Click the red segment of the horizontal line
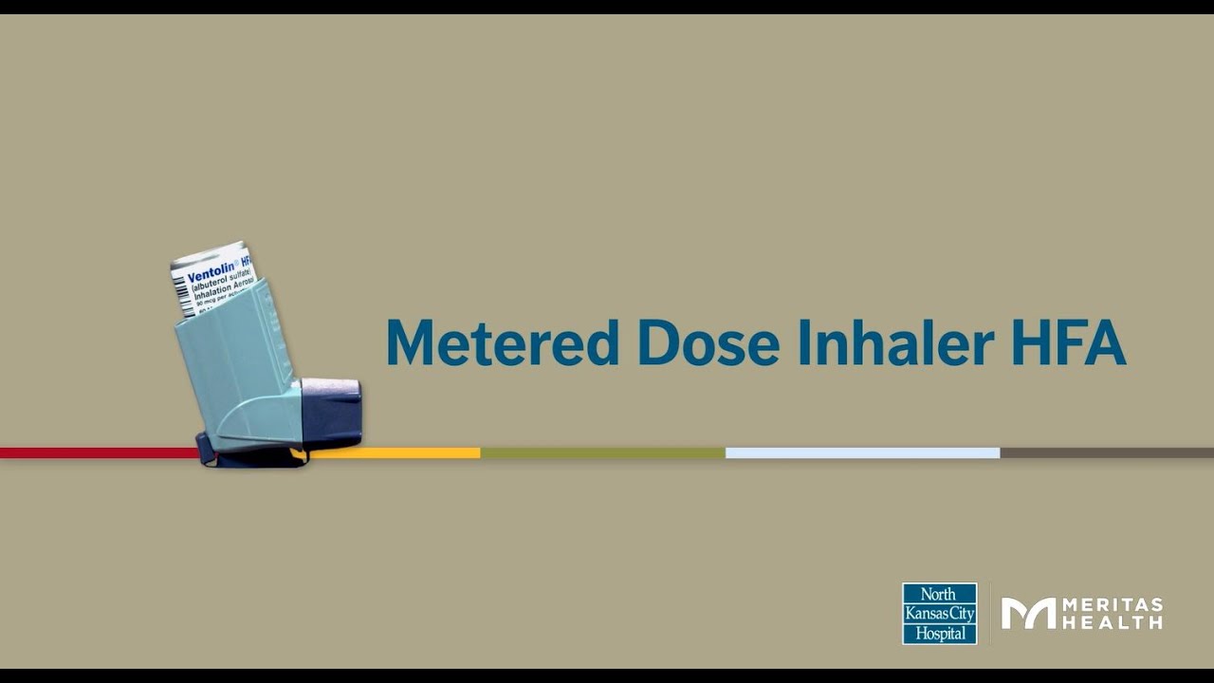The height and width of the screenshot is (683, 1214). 95,452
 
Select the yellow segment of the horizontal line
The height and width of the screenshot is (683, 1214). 398,452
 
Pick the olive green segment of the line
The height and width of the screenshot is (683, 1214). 602,452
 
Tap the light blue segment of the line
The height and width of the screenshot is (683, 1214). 862,452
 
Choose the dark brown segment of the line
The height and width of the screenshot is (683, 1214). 1106,452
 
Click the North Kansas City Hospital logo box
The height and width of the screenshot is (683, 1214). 939,614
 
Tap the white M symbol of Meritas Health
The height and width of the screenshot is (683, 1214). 1028,614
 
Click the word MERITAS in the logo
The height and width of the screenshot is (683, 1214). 1113,605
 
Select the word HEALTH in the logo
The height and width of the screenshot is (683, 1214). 1113,623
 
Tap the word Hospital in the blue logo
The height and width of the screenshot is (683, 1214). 939,633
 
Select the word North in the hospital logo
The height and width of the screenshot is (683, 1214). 939,595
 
